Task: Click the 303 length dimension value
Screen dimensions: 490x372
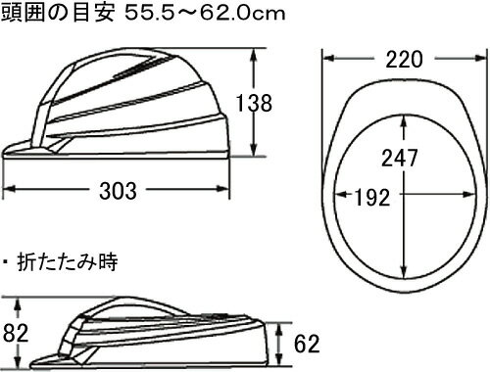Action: click(x=118, y=191)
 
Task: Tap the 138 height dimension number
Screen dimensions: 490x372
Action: click(x=254, y=103)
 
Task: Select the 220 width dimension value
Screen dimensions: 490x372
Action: click(x=404, y=60)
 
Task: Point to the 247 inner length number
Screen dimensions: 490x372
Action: click(x=400, y=158)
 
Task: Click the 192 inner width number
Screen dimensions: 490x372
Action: click(x=372, y=197)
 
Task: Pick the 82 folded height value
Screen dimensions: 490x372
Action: click(x=16, y=333)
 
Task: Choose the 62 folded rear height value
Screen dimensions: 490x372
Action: click(x=307, y=344)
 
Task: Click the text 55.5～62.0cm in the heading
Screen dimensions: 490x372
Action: click(x=205, y=14)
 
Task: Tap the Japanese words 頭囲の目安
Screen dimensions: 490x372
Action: click(x=58, y=14)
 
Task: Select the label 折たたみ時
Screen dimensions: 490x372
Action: click(x=67, y=262)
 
